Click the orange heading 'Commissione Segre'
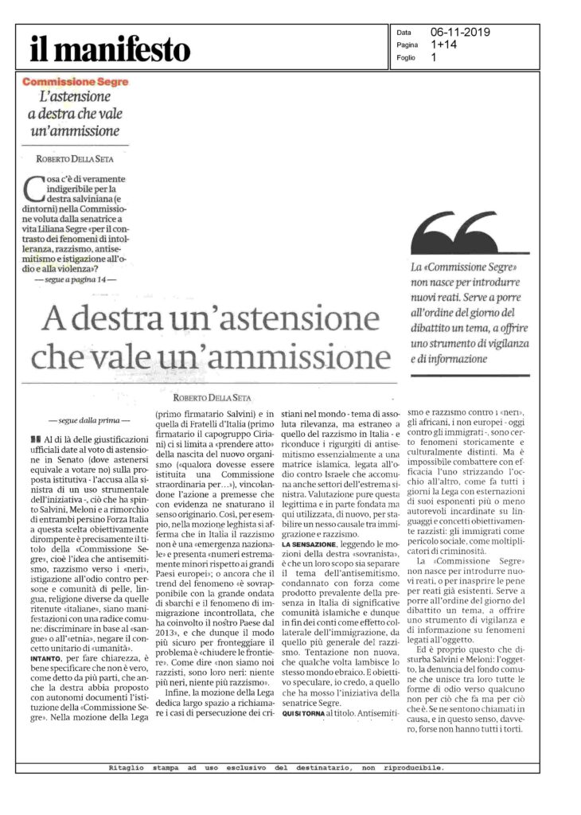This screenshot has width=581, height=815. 76,82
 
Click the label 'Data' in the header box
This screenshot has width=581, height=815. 404,33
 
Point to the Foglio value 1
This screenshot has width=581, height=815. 434,57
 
